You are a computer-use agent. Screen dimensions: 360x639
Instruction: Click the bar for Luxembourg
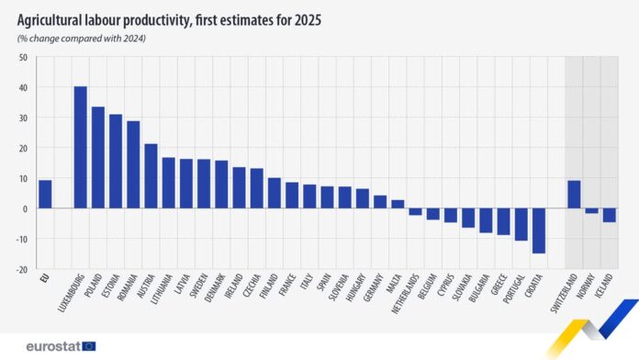(x=81, y=147)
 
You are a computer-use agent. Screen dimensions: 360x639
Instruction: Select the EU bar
(x=45, y=194)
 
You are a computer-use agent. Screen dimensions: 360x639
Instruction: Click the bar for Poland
(x=98, y=157)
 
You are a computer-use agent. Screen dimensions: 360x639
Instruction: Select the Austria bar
(x=151, y=175)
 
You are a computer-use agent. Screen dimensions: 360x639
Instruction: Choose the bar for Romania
(x=133, y=164)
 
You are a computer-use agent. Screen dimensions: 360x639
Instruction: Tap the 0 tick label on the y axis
(x=25, y=208)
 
